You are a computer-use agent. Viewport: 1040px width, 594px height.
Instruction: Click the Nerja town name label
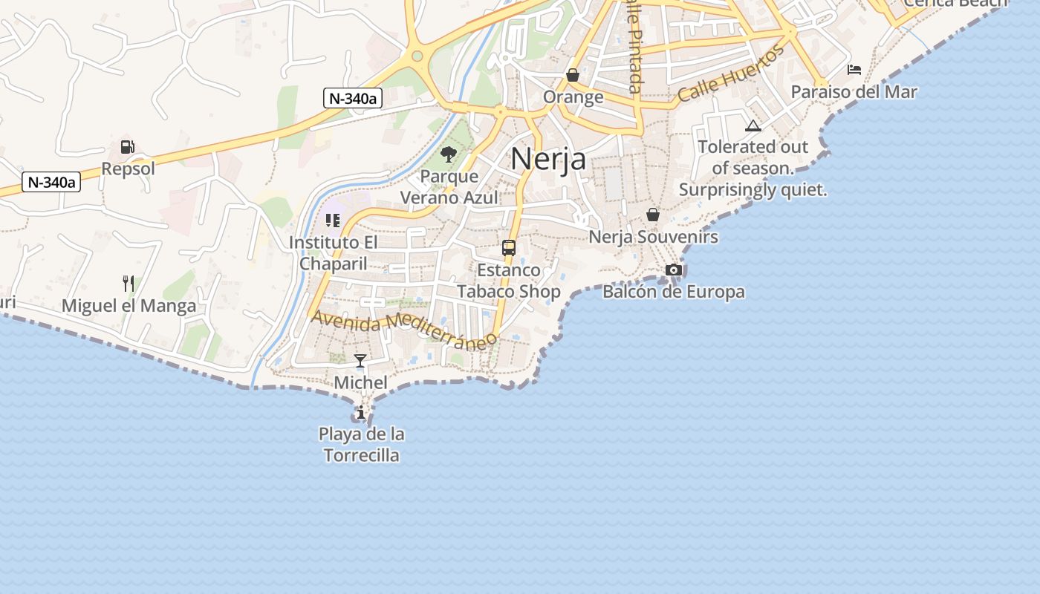tap(548, 159)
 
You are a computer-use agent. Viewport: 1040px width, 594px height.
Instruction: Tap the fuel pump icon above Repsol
tap(128, 147)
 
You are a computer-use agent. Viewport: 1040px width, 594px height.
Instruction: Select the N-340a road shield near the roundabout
tap(353, 97)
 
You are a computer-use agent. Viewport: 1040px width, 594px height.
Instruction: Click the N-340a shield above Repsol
tap(51, 182)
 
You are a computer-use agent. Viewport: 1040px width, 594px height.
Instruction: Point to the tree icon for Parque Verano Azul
tap(448, 154)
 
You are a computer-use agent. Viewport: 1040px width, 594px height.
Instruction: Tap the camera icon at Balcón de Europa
tap(674, 270)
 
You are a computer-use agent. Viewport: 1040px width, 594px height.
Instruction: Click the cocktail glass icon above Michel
tap(360, 361)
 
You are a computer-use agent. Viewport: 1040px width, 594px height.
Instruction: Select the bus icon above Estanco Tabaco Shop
tap(509, 248)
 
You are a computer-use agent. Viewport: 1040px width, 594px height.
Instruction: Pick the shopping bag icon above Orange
tap(573, 75)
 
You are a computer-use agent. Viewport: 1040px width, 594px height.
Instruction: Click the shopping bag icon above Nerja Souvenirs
tap(653, 215)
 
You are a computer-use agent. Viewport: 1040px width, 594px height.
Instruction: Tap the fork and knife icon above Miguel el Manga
tap(129, 283)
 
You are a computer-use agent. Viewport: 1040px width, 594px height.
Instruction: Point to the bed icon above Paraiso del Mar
tap(854, 70)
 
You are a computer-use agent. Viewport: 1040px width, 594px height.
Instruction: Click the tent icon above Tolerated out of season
tap(753, 125)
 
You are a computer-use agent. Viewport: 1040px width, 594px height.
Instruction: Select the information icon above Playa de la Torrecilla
tap(361, 412)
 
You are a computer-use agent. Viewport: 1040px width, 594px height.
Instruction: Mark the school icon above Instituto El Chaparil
tap(333, 221)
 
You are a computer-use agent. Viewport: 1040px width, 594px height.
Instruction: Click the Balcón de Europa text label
tap(673, 291)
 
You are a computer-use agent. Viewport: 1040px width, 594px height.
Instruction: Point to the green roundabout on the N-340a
tap(417, 56)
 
